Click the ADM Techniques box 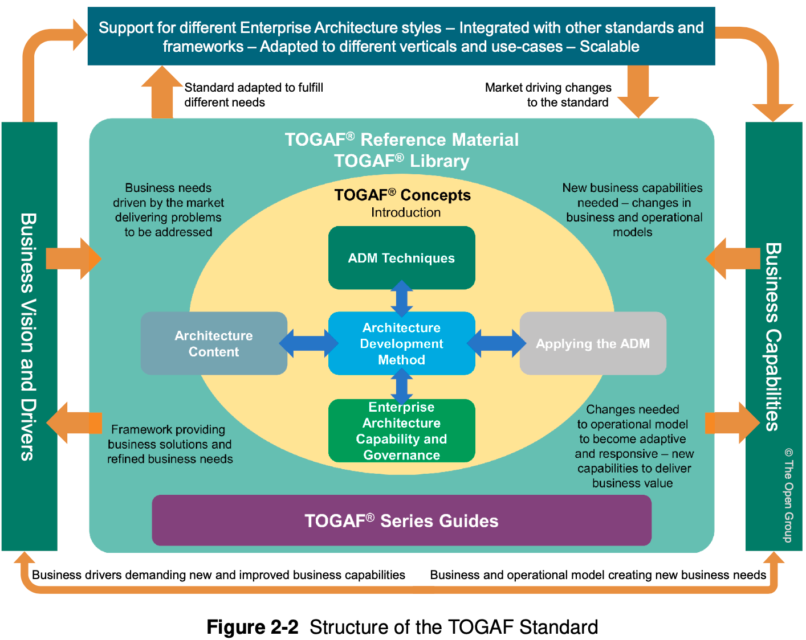click(x=401, y=258)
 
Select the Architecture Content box click(x=214, y=343)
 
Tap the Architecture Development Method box click(x=401, y=343)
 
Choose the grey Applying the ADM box click(x=593, y=343)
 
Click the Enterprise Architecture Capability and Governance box click(x=401, y=431)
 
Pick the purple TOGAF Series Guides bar click(x=401, y=520)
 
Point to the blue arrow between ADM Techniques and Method click(x=402, y=299)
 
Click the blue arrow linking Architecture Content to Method click(x=308, y=343)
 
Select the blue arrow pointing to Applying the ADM click(x=496, y=343)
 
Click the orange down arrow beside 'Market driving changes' click(x=638, y=91)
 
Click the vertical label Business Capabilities click(x=773, y=337)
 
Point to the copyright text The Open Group click(x=788, y=495)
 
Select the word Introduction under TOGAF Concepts click(x=406, y=212)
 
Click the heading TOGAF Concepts click(x=402, y=195)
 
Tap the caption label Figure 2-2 click(x=252, y=627)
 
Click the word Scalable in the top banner click(x=609, y=47)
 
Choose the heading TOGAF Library click(x=401, y=161)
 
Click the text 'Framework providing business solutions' click(x=169, y=437)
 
